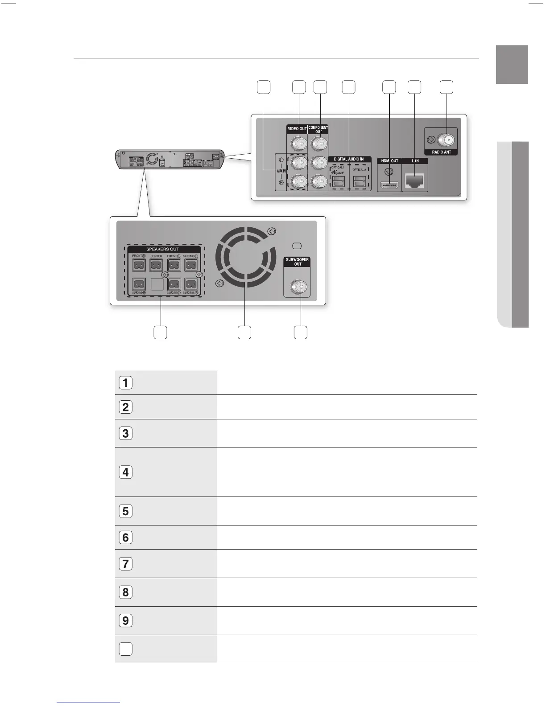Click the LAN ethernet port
(x=415, y=181)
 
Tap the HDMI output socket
(x=389, y=185)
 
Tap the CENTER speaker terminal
(x=156, y=265)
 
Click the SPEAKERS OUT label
(x=162, y=249)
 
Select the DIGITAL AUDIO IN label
(x=349, y=159)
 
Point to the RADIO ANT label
(x=441, y=152)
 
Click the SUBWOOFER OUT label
(x=298, y=262)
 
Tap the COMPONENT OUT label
(x=318, y=130)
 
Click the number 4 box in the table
(x=126, y=472)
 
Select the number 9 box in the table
(x=126, y=620)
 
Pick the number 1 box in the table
(x=126, y=382)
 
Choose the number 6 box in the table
(x=126, y=538)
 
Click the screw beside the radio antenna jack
(x=431, y=140)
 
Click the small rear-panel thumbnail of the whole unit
(x=169, y=160)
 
